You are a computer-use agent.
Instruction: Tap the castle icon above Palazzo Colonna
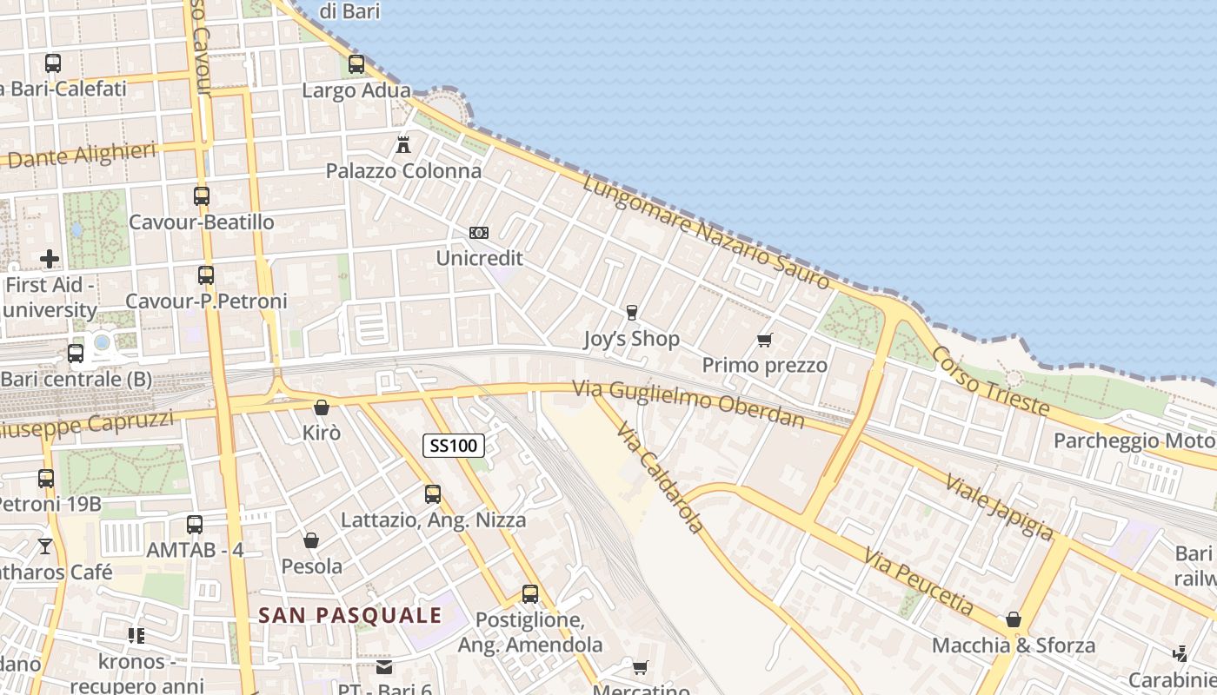point(403,144)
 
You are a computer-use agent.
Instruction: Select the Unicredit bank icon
point(479,233)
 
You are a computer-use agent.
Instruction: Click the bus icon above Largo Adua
point(356,64)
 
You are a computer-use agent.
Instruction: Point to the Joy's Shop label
point(631,339)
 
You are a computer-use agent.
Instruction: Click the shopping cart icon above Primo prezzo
point(765,340)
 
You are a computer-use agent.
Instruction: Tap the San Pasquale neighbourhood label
point(350,616)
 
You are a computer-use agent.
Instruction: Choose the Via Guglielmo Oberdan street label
point(688,405)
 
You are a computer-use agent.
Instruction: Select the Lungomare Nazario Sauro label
point(706,232)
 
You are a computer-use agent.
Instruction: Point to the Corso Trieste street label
point(990,380)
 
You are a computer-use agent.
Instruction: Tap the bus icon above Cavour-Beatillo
point(202,196)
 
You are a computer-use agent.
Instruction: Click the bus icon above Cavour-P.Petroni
point(206,275)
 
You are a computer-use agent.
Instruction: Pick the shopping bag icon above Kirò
point(322,407)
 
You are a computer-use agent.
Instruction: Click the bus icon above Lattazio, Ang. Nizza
point(433,494)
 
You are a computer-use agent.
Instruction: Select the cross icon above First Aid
point(50,259)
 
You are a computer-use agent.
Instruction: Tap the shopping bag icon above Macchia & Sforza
point(1014,620)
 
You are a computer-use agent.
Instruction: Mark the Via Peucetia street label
point(919,580)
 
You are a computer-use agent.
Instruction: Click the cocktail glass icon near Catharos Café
point(45,546)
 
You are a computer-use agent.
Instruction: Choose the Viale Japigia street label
point(1000,507)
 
